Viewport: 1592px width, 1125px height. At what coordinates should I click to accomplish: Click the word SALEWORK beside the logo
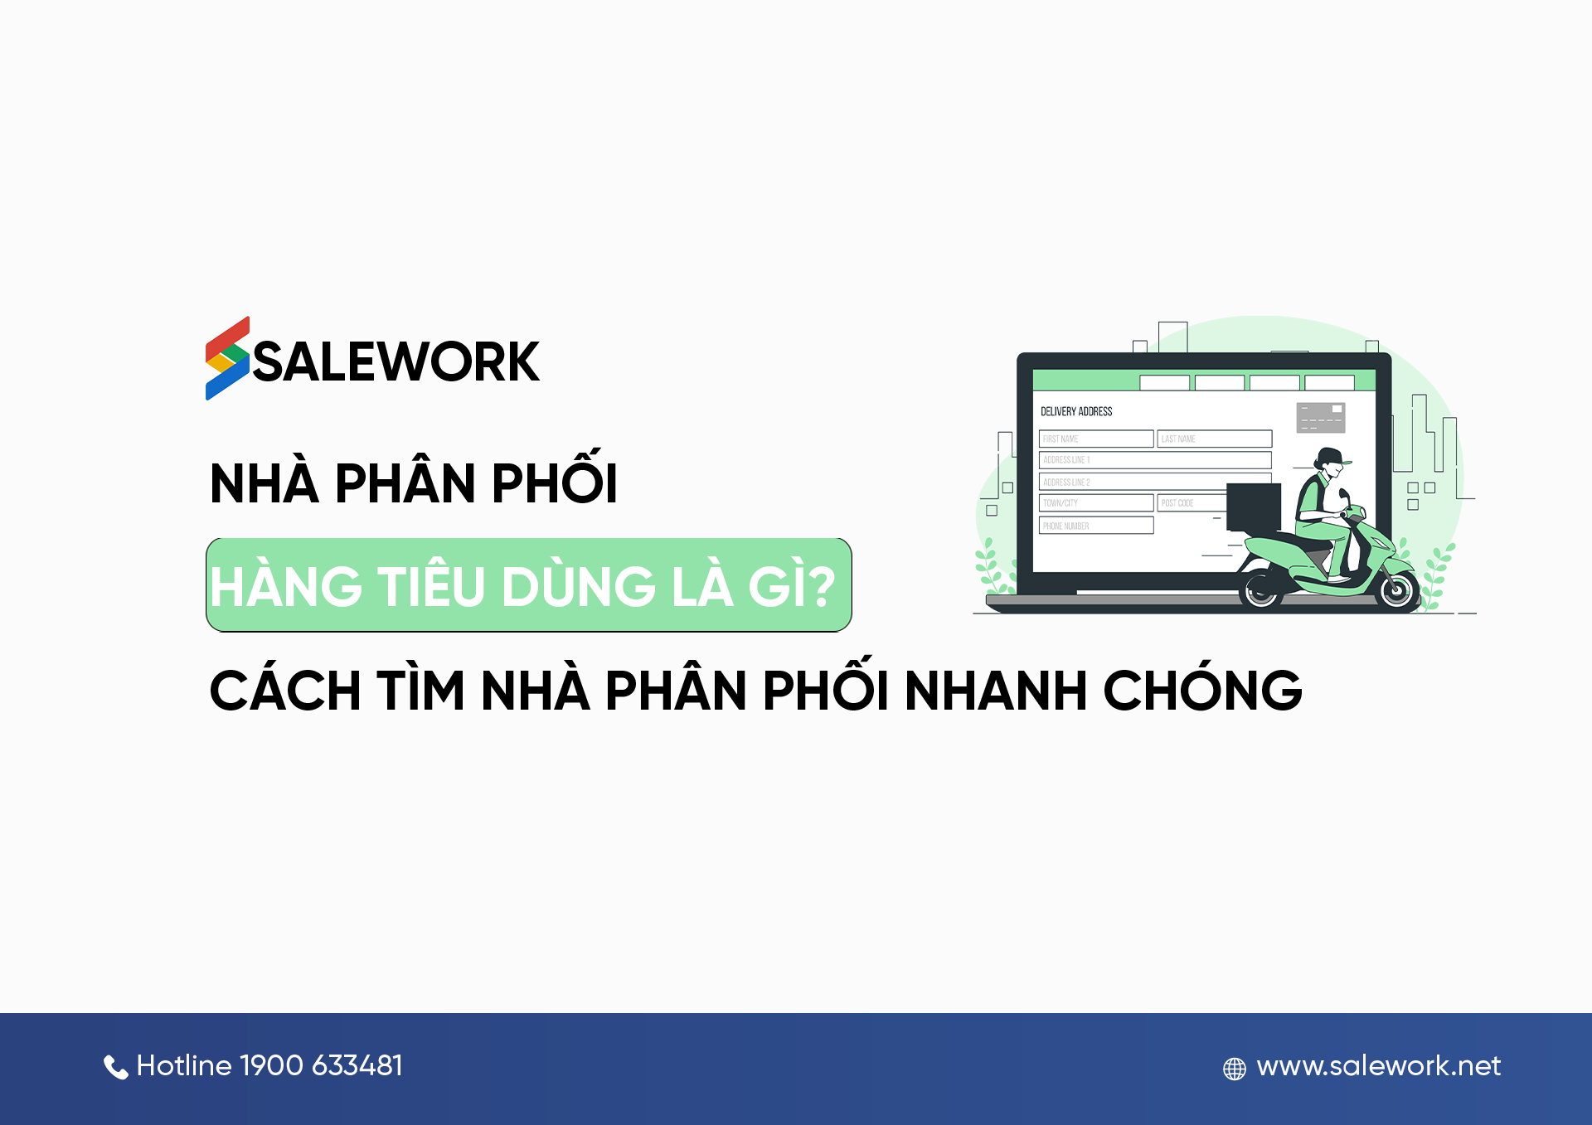pyautogui.click(x=396, y=362)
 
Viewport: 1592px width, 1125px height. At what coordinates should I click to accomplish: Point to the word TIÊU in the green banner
pyautogui.click(x=431, y=587)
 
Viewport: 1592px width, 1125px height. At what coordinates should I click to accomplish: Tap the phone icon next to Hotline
pyautogui.click(x=115, y=1067)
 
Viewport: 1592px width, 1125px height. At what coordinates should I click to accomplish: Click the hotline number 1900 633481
pyautogui.click(x=321, y=1065)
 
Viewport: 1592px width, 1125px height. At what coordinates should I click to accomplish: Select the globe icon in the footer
pyautogui.click(x=1235, y=1069)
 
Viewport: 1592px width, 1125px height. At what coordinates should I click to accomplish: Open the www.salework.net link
pyautogui.click(x=1378, y=1066)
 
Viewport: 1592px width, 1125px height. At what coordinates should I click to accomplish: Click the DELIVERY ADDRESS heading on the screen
pyautogui.click(x=1076, y=411)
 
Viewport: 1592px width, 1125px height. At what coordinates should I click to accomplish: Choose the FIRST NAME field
pyautogui.click(x=1095, y=439)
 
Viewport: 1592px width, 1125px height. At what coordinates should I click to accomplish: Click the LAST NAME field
pyautogui.click(x=1214, y=439)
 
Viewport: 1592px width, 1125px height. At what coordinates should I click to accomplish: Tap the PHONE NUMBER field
pyautogui.click(x=1095, y=526)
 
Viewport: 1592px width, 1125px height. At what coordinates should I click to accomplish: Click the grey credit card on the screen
pyautogui.click(x=1320, y=417)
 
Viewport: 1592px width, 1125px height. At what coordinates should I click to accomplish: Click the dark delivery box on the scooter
pyautogui.click(x=1253, y=507)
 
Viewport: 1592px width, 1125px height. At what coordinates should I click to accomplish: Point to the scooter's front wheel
pyautogui.click(x=1395, y=589)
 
